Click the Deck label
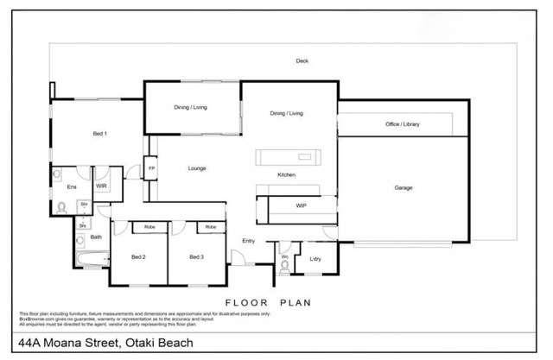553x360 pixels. coord(302,60)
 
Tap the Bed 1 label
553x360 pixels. coord(99,134)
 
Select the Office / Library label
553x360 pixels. coord(402,125)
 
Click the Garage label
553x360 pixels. coord(403,187)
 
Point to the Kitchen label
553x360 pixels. coord(287,175)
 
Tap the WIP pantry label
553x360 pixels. coord(301,206)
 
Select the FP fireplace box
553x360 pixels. coord(151,167)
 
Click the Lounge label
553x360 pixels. coord(197,168)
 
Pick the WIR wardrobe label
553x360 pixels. coord(100,186)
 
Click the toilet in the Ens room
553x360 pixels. coord(62,207)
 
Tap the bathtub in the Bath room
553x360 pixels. coord(90,258)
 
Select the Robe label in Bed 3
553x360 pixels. coord(210,227)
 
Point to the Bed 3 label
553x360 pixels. coord(196,257)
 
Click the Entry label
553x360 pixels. coord(249,241)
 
